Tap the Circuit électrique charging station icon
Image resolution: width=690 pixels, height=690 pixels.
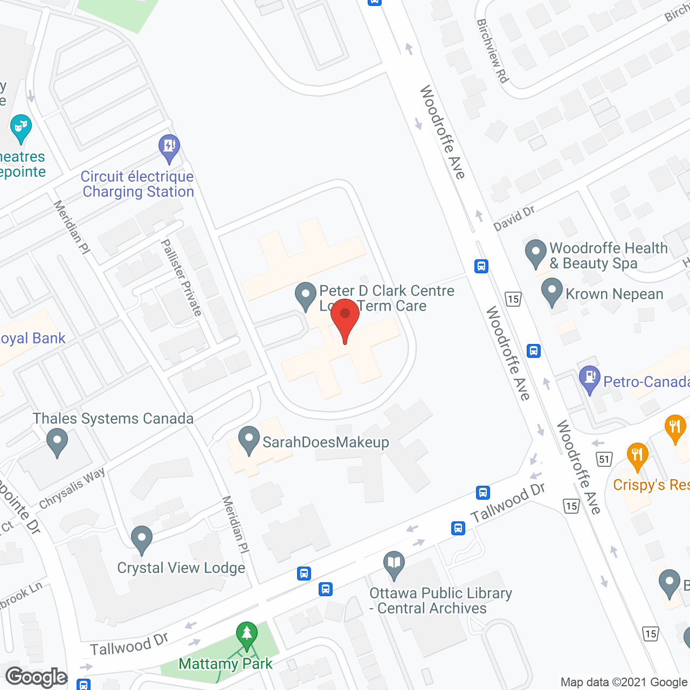(x=169, y=147)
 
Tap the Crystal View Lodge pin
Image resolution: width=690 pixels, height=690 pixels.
(x=142, y=539)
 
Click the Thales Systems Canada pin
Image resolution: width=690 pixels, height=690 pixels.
(x=57, y=441)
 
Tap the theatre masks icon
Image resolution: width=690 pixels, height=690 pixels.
(x=21, y=127)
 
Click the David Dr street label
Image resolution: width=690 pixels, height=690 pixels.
(x=514, y=218)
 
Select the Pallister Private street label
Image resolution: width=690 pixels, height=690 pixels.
(x=182, y=278)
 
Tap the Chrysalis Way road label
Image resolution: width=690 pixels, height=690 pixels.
(x=72, y=488)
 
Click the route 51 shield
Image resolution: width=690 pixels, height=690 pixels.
(x=604, y=459)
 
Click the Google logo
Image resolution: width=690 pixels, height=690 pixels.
(x=37, y=677)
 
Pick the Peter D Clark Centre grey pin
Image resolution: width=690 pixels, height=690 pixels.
(x=306, y=295)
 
